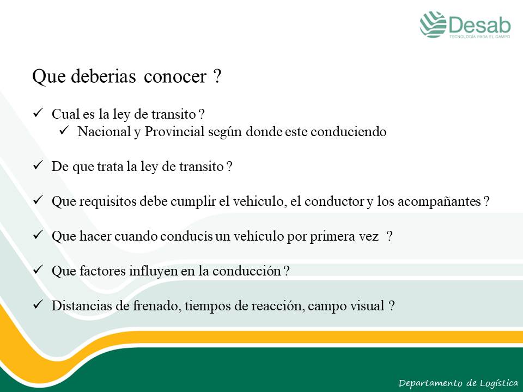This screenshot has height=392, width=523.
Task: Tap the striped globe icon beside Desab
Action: [x=433, y=24]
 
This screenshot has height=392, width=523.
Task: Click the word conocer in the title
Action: [x=175, y=76]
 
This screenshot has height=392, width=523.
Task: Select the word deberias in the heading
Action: [x=104, y=76]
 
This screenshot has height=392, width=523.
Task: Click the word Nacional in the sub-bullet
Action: [x=104, y=131]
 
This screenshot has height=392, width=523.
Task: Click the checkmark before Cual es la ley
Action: [x=38, y=113]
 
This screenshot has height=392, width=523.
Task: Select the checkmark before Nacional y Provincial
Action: [x=64, y=130]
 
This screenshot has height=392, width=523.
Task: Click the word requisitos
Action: [x=108, y=201]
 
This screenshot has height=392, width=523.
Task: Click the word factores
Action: [x=102, y=271]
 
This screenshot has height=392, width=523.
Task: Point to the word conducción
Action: [x=246, y=271]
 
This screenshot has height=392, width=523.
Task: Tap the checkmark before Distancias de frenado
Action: [x=38, y=304]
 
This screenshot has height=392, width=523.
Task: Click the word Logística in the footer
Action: [x=499, y=383]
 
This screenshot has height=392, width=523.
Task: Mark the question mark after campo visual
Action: [x=392, y=305]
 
